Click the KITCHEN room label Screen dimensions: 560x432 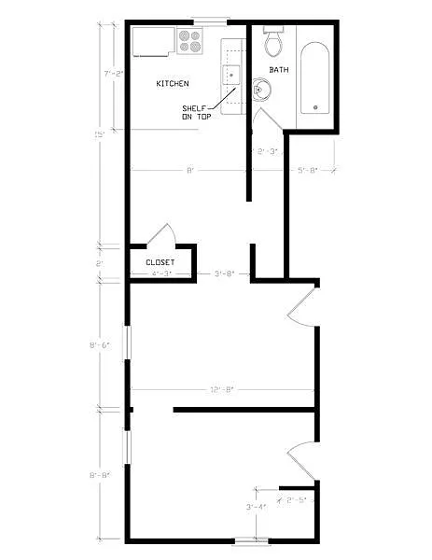tap(173, 84)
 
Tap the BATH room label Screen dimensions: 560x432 tap(279, 70)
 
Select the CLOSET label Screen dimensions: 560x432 tap(161, 262)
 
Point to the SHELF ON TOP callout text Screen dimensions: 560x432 tap(197, 112)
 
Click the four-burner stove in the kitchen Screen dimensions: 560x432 tap(190, 40)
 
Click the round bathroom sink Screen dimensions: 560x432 tap(263, 91)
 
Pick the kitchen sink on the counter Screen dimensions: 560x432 tap(231, 75)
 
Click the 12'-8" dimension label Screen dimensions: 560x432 tap(222, 388)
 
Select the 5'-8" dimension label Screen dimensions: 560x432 tap(308, 170)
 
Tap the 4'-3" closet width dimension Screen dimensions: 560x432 tap(160, 273)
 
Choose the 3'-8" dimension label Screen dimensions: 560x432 tap(223, 273)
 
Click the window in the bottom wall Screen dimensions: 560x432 tap(251, 539)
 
